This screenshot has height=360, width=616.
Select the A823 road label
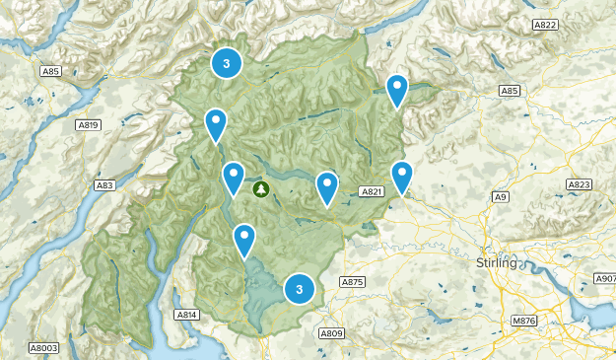tap(580, 184)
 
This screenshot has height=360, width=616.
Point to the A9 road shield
tap(501, 198)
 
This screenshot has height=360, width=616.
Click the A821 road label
tap(370, 191)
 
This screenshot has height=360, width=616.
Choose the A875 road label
tap(352, 282)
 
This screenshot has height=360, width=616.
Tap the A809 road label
tap(331, 332)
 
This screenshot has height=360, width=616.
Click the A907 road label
tap(602, 280)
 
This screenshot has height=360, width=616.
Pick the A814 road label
tap(186, 315)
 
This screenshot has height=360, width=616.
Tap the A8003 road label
tap(43, 347)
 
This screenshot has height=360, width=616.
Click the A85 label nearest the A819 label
tap(51, 72)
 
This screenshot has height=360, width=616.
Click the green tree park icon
tap(261, 188)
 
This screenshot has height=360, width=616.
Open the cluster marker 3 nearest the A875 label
tap(299, 289)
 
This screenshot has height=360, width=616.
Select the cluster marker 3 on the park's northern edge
tap(227, 63)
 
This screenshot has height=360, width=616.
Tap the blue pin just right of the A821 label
tap(402, 177)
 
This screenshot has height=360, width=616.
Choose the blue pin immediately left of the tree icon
tap(234, 178)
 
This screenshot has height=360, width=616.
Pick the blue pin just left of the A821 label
tap(327, 186)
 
